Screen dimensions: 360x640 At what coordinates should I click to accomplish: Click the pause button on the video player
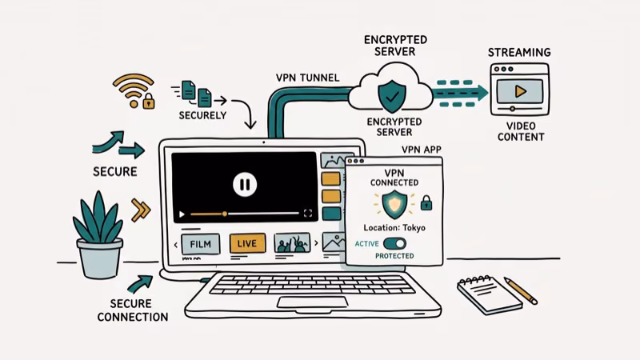coord(244,185)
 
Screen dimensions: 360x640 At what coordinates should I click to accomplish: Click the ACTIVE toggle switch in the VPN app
coord(394,243)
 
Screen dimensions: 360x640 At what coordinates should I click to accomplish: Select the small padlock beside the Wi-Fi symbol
coord(148,102)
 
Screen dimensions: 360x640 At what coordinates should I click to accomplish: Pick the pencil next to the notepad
coord(521,290)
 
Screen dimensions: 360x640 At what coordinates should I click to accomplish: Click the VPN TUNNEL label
coord(307,78)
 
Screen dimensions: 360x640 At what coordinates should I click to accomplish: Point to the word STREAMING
coord(518,52)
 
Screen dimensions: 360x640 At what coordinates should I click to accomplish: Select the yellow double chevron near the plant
coord(141,210)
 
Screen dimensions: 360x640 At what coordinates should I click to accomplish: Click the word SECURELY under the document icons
coord(202,115)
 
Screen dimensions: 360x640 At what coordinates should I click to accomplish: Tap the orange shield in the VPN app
coord(393,204)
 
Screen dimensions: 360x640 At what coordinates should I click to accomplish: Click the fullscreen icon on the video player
coord(308,214)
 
